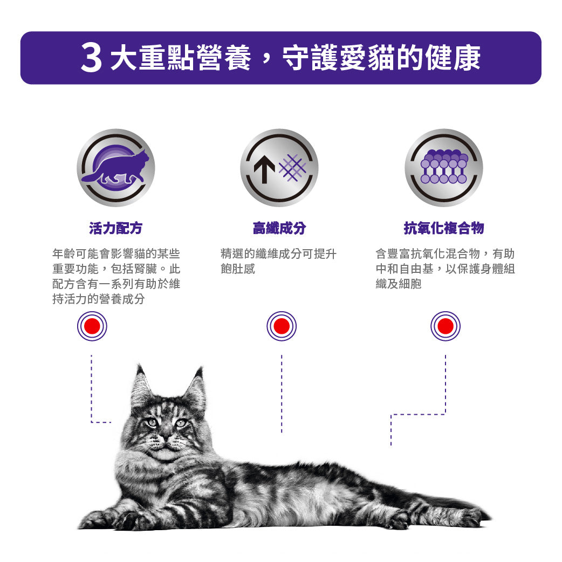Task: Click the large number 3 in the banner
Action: click(x=91, y=58)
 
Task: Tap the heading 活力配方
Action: click(x=116, y=228)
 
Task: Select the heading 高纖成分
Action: click(x=279, y=228)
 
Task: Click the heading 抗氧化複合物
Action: click(x=444, y=228)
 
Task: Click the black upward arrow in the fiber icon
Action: click(x=264, y=171)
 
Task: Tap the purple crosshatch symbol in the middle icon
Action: click(x=293, y=167)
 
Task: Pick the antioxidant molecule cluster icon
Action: click(x=444, y=166)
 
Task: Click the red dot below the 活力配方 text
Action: click(x=92, y=326)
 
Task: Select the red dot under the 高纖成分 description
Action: click(x=282, y=326)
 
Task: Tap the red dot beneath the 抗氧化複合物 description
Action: click(x=446, y=326)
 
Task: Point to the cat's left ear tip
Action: click(x=139, y=366)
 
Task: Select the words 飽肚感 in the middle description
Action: click(x=238, y=269)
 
